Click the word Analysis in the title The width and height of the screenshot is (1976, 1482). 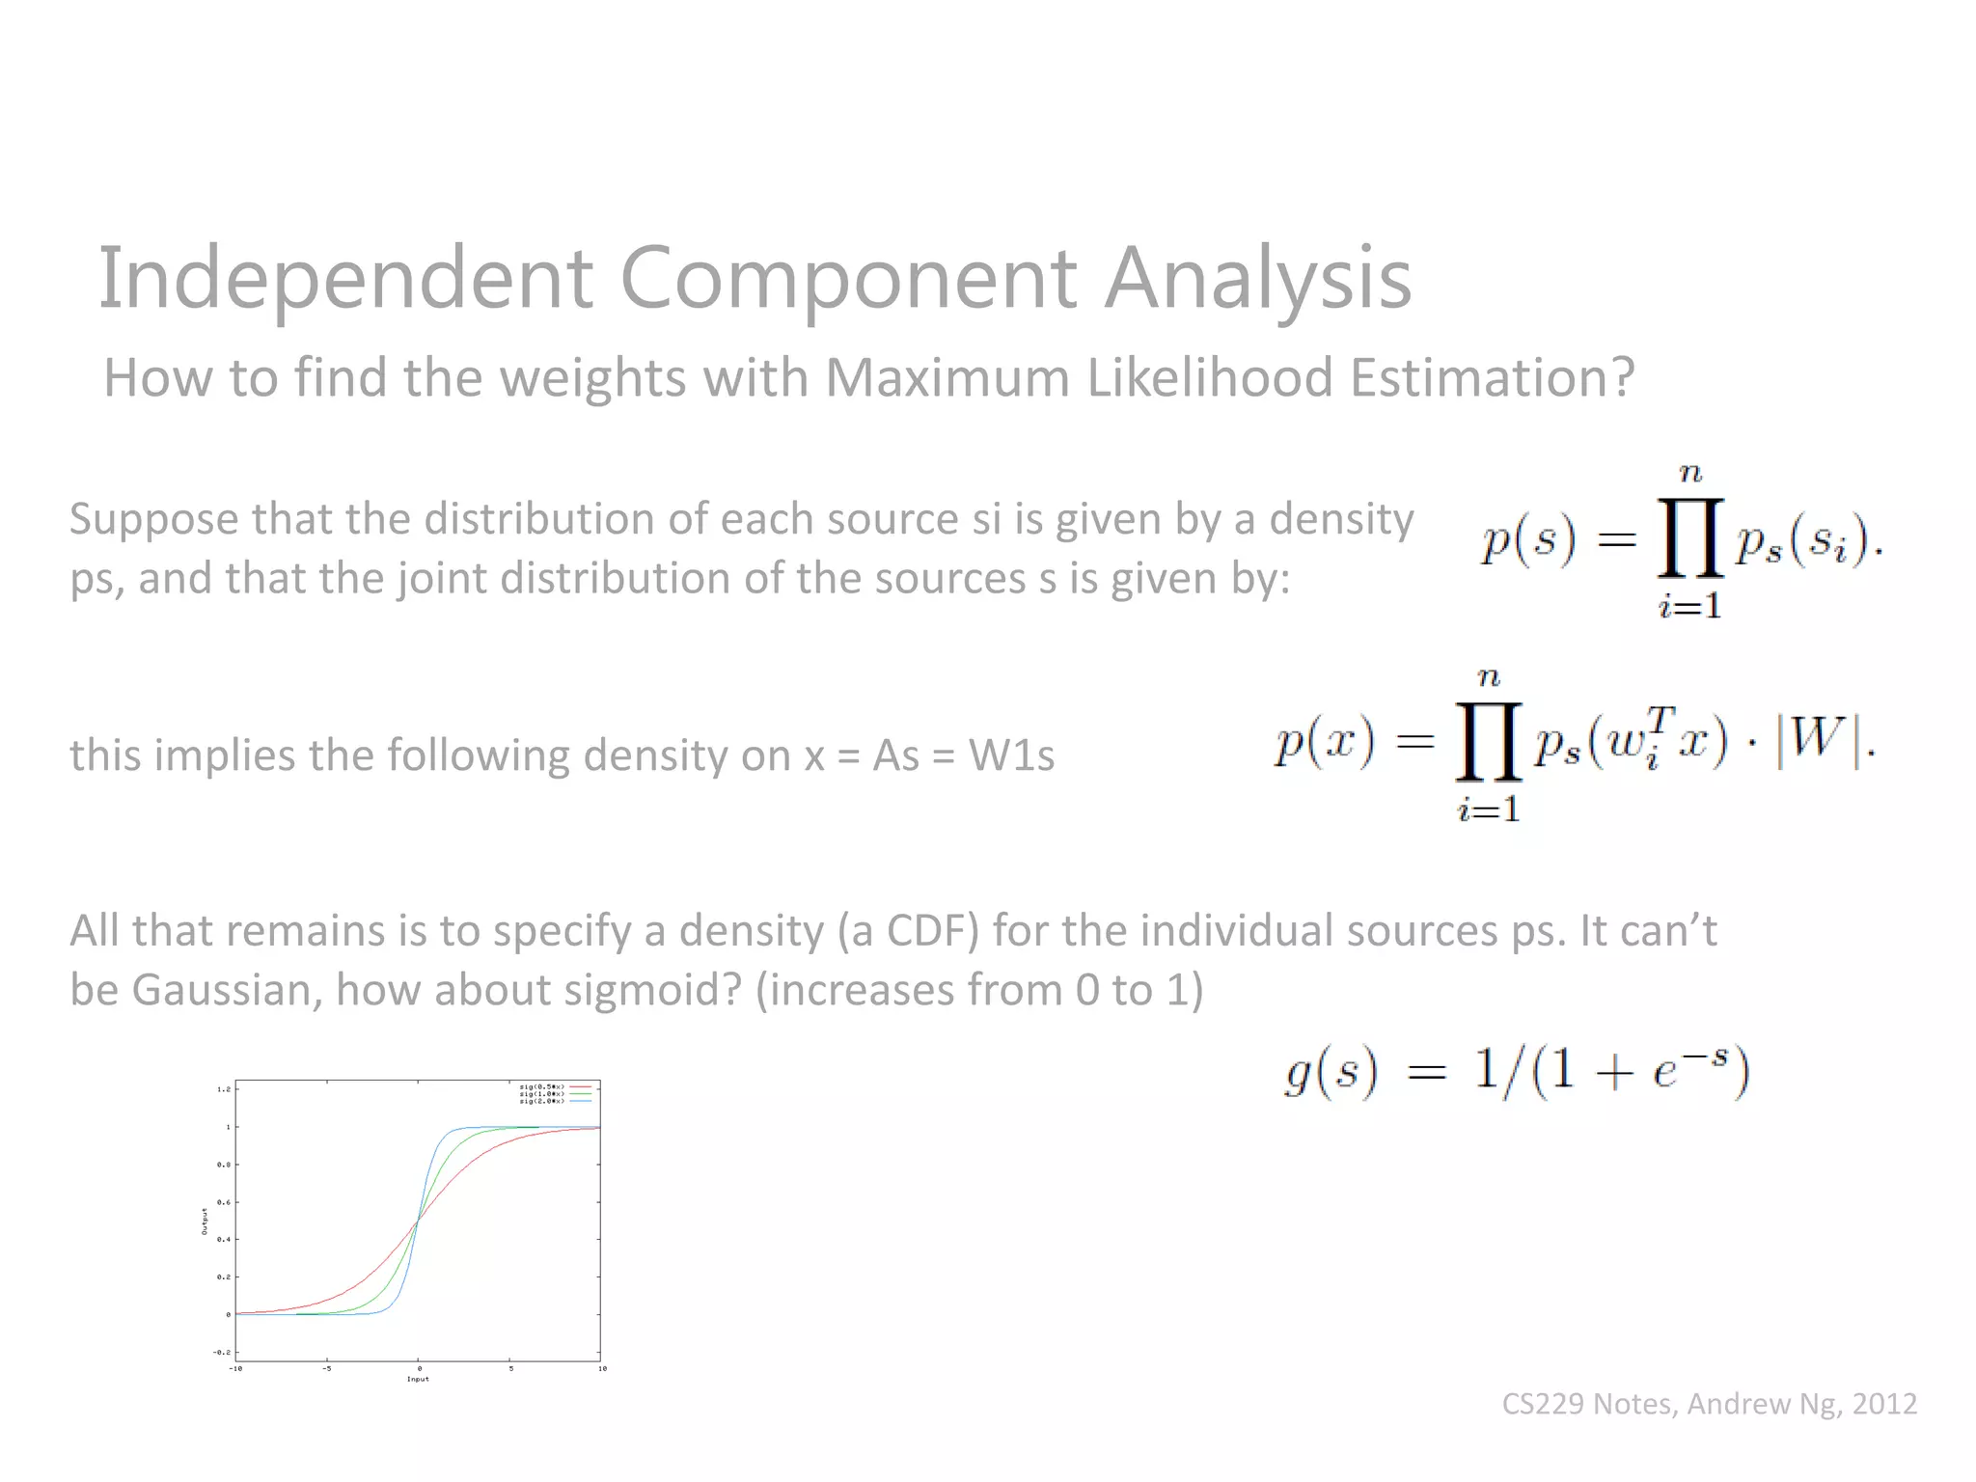pyautogui.click(x=1257, y=279)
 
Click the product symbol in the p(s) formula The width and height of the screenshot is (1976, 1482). pyautogui.click(x=1690, y=538)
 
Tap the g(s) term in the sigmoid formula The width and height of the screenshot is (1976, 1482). pyautogui.click(x=1331, y=1072)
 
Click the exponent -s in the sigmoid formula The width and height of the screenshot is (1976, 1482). pyautogui.click(x=1709, y=1055)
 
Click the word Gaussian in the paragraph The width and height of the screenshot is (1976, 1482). pyautogui.click(x=227, y=990)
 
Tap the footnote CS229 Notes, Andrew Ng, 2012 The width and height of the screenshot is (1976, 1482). pyautogui.click(x=1709, y=1403)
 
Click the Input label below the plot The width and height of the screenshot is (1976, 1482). pyautogui.click(x=418, y=1379)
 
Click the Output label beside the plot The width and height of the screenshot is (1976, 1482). pyautogui.click(x=205, y=1221)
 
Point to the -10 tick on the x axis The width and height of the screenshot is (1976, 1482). pyautogui.click(x=235, y=1368)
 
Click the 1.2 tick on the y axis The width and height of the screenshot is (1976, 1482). pyautogui.click(x=224, y=1089)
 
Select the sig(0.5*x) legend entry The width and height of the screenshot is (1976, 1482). pyautogui.click(x=541, y=1087)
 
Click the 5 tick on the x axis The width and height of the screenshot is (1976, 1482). pyautogui.click(x=511, y=1368)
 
